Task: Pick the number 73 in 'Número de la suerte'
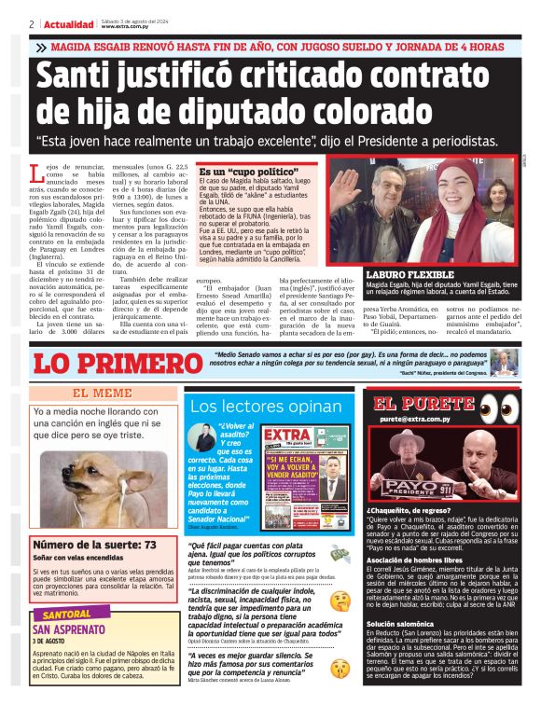tap(147, 544)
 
